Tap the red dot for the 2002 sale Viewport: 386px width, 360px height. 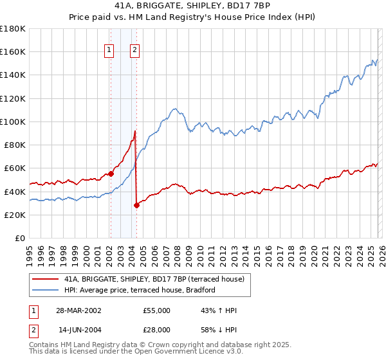(111, 173)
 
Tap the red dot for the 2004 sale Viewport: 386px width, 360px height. (136, 205)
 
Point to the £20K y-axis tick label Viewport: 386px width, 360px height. (15, 215)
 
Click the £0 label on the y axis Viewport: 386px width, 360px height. (21, 239)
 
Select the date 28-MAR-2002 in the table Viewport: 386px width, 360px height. (78, 310)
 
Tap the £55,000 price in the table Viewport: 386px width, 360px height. (157, 310)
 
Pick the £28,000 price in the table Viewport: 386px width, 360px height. (157, 330)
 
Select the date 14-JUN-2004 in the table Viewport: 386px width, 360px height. (78, 330)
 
